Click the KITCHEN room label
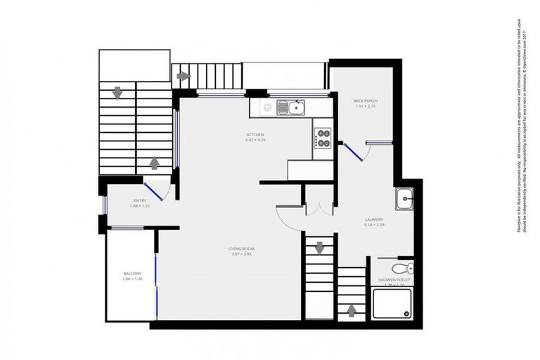click(x=255, y=134)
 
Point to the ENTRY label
click(x=139, y=200)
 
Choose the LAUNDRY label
click(x=373, y=219)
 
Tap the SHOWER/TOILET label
click(x=394, y=280)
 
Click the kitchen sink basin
click(x=296, y=108)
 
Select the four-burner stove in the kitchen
click(x=323, y=136)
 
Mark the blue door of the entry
click(x=153, y=190)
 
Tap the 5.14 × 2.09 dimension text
click(x=373, y=225)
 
